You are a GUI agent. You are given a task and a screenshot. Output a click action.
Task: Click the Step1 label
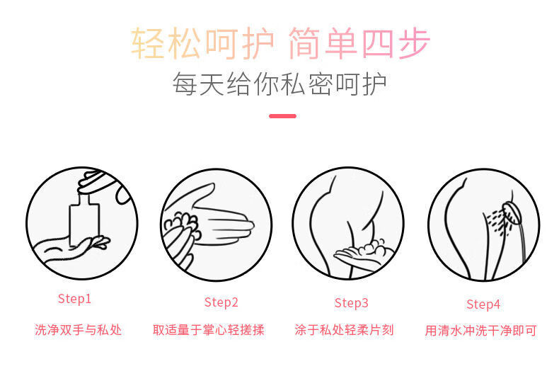coord(74,299)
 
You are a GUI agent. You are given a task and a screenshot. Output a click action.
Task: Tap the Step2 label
coord(221,302)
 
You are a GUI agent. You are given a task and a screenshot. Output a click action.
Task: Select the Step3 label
coord(351,303)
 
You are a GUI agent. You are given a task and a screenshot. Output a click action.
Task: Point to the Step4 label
coord(483,305)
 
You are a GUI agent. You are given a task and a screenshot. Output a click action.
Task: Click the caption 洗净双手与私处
coord(79,330)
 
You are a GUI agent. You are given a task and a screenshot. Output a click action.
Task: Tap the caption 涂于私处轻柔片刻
coord(344,330)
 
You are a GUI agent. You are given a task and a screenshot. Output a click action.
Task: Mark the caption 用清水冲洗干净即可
coord(480,331)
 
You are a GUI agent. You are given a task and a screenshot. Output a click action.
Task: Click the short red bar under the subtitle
coord(282,115)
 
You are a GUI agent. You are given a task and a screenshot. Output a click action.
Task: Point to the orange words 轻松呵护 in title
coord(202,43)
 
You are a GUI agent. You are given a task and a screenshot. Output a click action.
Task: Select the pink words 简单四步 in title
coord(359,43)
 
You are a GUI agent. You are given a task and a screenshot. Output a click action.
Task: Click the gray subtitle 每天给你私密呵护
coord(279,84)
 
